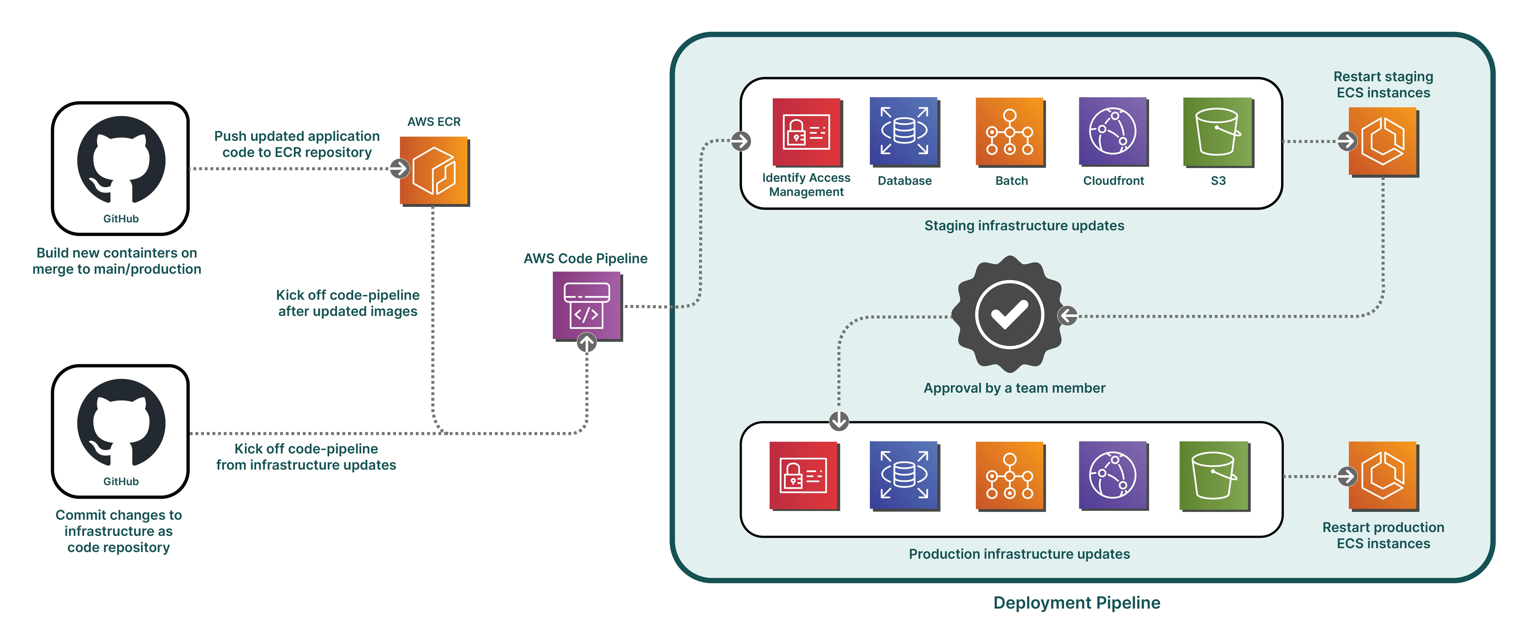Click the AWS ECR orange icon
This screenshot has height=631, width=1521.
[434, 171]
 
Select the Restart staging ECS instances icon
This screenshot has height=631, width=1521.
[1383, 142]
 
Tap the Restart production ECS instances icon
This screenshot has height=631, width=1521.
[1383, 476]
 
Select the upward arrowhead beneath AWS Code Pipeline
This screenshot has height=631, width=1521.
[586, 342]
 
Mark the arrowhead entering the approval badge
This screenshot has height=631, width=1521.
[1068, 316]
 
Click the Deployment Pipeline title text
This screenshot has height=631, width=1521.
[1076, 603]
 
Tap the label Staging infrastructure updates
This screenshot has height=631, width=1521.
[1024, 225]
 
